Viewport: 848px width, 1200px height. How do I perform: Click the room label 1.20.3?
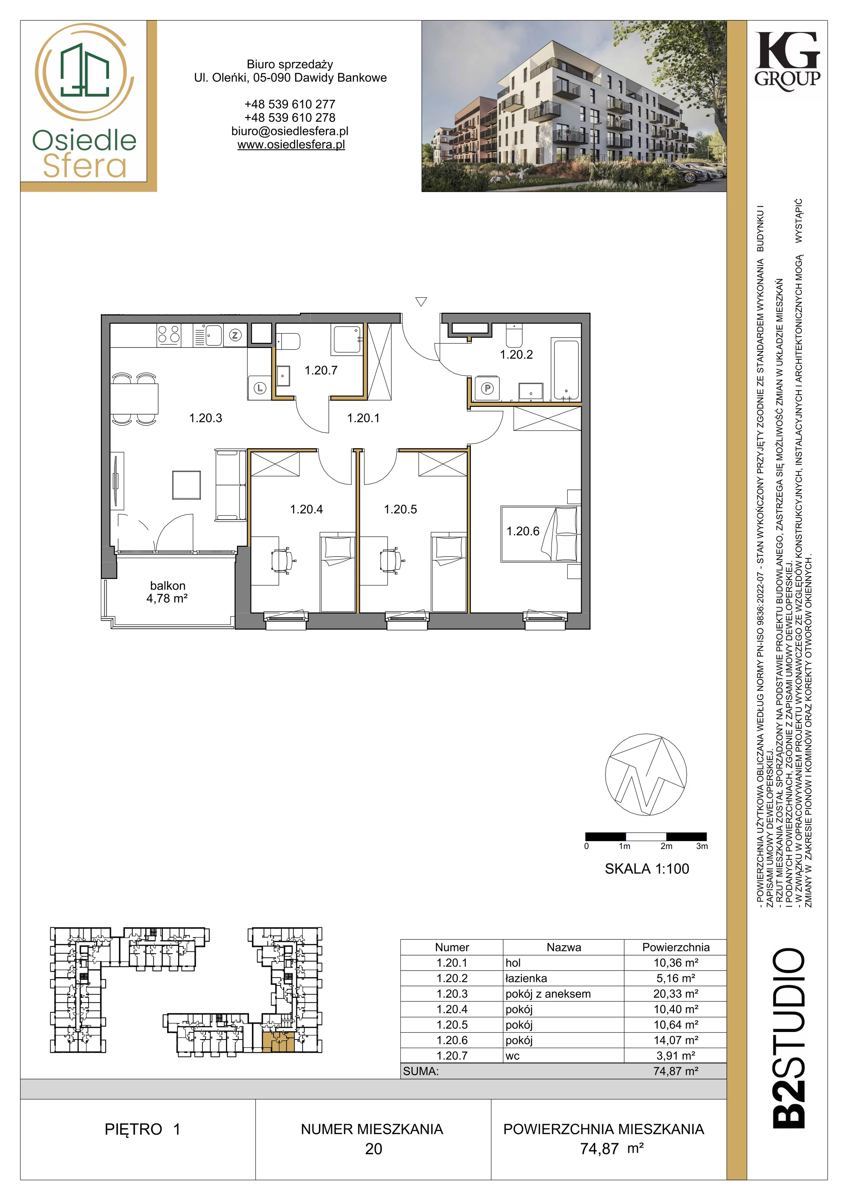205,418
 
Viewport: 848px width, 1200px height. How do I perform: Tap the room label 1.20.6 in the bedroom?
523,531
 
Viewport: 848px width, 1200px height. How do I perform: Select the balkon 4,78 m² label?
167,592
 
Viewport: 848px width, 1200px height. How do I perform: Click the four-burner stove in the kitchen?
169,334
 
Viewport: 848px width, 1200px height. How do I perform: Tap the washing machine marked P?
487,388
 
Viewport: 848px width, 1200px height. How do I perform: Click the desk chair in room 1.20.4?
283,560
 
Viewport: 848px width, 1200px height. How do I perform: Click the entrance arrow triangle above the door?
421,301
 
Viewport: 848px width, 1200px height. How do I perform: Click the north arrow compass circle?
646,774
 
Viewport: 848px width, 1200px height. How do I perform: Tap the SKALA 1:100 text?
647,868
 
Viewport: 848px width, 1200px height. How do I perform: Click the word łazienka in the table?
526,978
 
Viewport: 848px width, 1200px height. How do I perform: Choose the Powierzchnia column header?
676,947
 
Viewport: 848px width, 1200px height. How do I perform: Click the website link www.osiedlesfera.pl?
291,145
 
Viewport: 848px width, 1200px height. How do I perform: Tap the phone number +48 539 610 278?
290,118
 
